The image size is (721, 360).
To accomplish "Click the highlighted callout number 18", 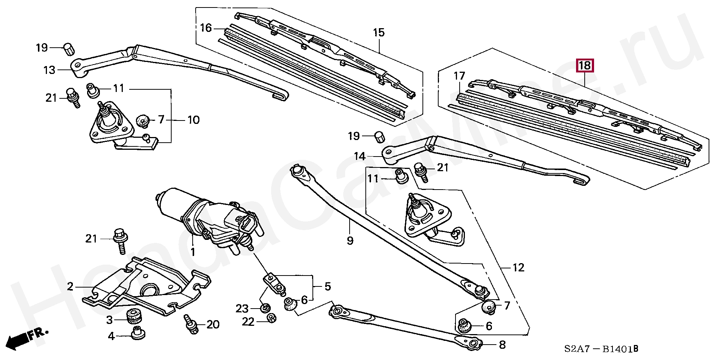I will [x=585, y=66].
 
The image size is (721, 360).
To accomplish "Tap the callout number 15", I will [x=379, y=33].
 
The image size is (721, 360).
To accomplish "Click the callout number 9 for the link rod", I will [x=350, y=240].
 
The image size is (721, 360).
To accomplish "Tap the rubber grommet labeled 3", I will [x=133, y=317].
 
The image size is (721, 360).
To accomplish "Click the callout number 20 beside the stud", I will [x=213, y=324].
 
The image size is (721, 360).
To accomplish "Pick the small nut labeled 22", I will [x=270, y=318].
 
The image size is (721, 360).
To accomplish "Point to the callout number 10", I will [x=193, y=120].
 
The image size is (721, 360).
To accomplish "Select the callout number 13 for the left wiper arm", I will [x=49, y=70].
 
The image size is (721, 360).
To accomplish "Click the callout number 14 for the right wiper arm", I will [x=359, y=156].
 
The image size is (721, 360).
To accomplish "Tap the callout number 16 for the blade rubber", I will [x=206, y=28].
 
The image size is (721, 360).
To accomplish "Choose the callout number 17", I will [x=459, y=76].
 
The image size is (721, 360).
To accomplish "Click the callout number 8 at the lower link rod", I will [x=502, y=345].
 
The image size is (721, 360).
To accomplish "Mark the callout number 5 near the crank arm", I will [x=327, y=287].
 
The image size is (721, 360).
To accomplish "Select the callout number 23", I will [x=242, y=309].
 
